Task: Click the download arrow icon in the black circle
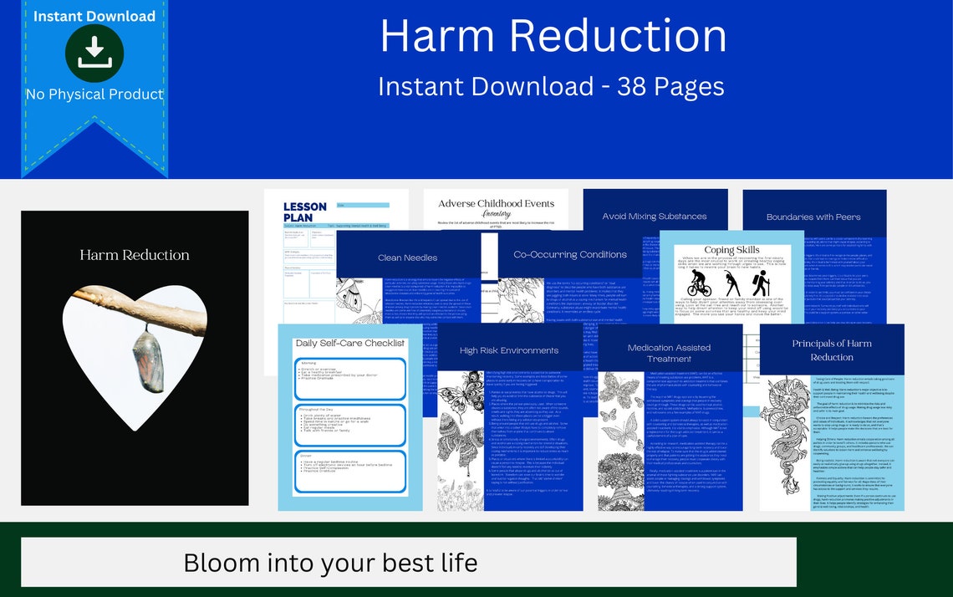tap(94, 53)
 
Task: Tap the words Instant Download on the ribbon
tap(94, 16)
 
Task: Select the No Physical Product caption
tap(94, 94)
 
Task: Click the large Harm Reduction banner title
tap(553, 36)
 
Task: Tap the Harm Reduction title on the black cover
tap(135, 255)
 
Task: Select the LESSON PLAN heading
tap(305, 212)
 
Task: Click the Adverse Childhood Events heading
tap(496, 203)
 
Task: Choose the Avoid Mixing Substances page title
tap(655, 216)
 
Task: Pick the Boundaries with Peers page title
tap(813, 217)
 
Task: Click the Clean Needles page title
tap(407, 258)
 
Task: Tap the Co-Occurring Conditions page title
tap(570, 254)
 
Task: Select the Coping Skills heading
tap(731, 249)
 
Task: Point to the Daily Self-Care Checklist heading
tap(349, 343)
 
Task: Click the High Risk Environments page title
tap(509, 350)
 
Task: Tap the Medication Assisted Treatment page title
tap(669, 353)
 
